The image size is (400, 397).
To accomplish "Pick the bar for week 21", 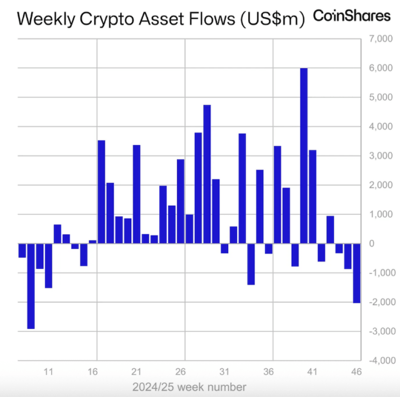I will pyautogui.click(x=136, y=194).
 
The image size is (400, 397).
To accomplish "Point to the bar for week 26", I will pyautogui.click(x=181, y=201).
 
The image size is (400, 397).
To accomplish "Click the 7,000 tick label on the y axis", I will pyautogui.click(x=380, y=39).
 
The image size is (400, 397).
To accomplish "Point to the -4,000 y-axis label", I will pyautogui.click(x=379, y=361).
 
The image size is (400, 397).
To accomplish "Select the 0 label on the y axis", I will pyautogui.click(x=389, y=244).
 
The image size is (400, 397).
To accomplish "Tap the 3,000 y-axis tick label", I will pyautogui.click(x=380, y=156).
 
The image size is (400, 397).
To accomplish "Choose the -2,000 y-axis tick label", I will pyautogui.click(x=379, y=302).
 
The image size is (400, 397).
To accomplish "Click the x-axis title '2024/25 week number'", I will pyautogui.click(x=189, y=386).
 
